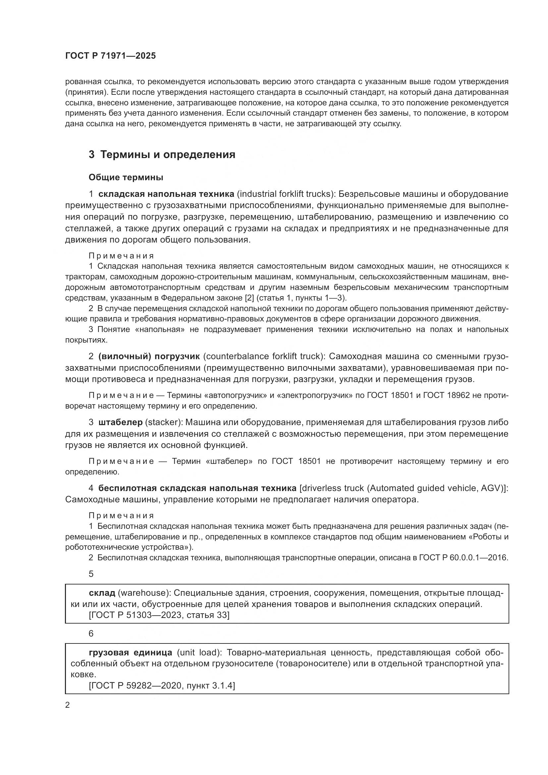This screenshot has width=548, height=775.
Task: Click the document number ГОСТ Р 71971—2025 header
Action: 110,56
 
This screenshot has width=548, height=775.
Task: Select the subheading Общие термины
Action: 126,177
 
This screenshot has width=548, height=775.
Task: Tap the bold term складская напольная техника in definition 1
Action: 166,194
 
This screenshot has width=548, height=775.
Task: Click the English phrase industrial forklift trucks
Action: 286,194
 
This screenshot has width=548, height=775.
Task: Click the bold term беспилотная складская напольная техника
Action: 197,488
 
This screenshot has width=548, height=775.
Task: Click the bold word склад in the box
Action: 102,593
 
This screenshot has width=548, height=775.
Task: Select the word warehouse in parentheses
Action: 144,593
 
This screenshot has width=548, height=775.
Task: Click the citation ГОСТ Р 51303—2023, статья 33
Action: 159,615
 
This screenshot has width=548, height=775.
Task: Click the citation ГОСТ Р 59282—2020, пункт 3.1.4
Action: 162,686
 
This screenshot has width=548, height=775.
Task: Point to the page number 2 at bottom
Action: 68,705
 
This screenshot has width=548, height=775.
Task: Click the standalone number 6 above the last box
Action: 91,634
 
